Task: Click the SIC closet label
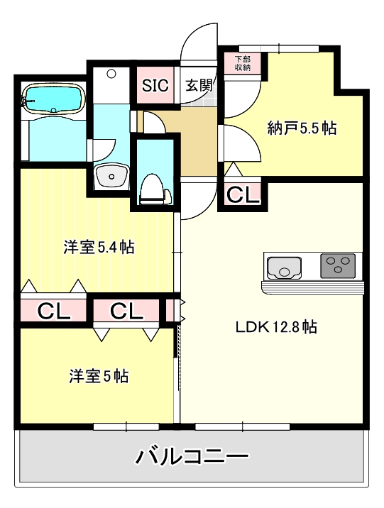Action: pos(155,87)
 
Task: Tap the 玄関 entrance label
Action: pos(199,87)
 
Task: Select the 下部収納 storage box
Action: pos(243,63)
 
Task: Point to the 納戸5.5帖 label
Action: pos(302,128)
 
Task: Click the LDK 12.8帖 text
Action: pos(276,327)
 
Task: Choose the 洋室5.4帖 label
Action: pos(99,248)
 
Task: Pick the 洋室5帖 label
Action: pos(99,376)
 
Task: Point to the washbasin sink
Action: pos(111,174)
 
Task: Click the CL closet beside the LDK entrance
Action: pos(243,194)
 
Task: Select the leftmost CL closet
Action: pos(53,311)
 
